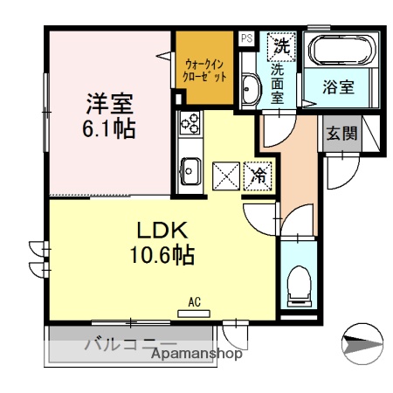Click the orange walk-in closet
point(205,70)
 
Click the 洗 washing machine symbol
point(281,44)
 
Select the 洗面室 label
point(278,82)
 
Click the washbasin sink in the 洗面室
point(249,87)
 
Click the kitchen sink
point(190,169)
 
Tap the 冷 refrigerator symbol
point(259,175)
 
